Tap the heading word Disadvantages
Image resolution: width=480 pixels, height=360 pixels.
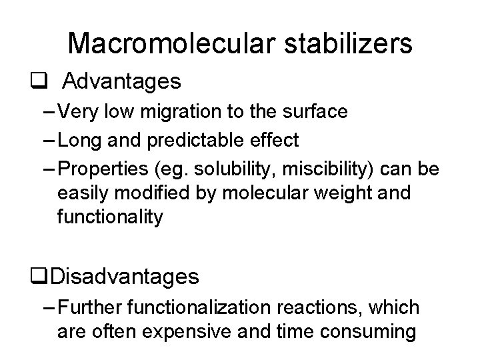(x=125, y=275)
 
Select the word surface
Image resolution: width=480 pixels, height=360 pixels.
(x=315, y=111)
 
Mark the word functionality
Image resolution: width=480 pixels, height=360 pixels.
(x=110, y=217)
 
